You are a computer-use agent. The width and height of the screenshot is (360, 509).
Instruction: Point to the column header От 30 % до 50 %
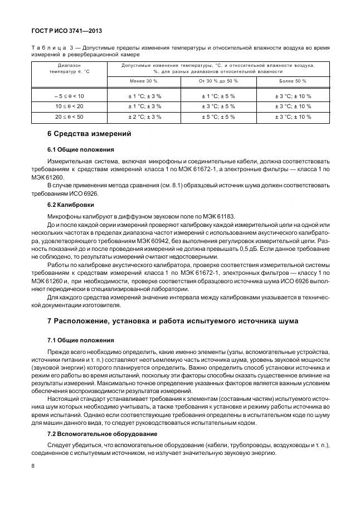(x=218, y=81)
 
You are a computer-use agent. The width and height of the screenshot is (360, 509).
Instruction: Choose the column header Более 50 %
(x=293, y=81)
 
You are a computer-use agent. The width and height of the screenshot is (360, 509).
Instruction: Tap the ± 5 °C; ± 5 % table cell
(x=218, y=117)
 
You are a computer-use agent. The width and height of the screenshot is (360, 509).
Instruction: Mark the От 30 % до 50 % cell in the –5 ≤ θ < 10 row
(x=218, y=96)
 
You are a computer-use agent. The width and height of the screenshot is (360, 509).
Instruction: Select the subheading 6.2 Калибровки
(x=74, y=205)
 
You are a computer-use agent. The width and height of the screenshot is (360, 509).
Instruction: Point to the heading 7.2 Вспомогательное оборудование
(x=102, y=433)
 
